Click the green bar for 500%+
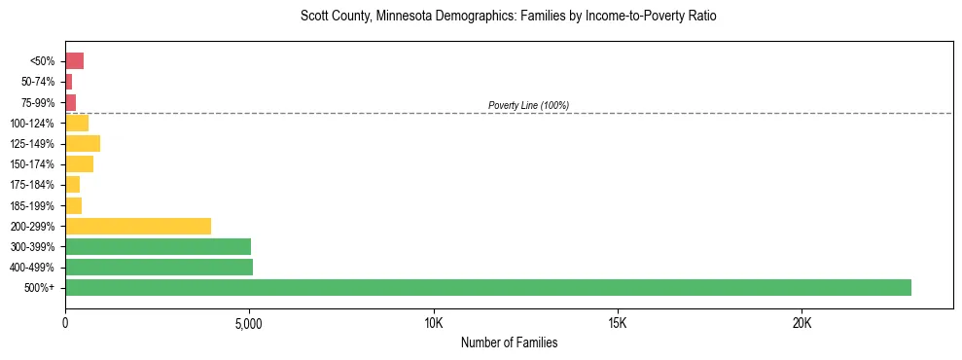coord(487,287)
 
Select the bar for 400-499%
coord(159,267)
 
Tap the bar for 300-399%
coord(158,246)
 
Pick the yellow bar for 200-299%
coord(138,226)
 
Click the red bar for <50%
coord(74,61)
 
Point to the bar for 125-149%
coord(83,143)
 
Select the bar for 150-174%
coord(79,163)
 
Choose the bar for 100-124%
coord(77,123)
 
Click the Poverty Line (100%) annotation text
coord(528,105)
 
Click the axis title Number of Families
coord(509,343)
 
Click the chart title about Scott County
coord(509,18)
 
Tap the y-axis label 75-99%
coord(36,102)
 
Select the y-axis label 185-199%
coord(32,205)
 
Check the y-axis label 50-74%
coord(36,82)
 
